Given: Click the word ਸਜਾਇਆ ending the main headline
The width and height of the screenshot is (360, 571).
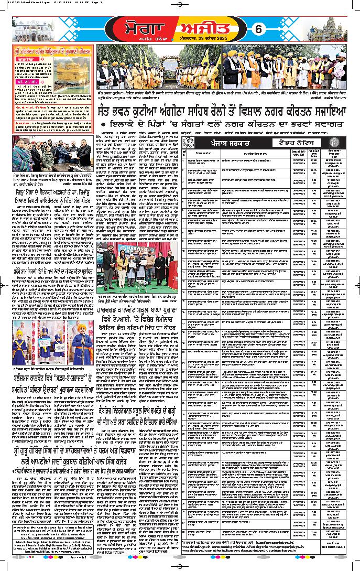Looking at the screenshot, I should coord(326,111).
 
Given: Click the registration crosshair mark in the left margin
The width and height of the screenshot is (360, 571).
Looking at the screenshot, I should coord(4,286).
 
